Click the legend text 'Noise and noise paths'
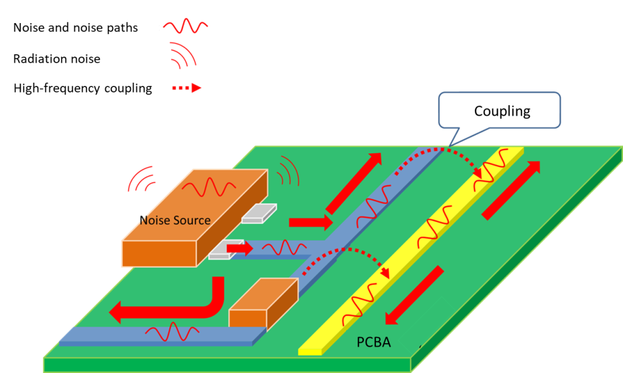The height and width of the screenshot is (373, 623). click(x=75, y=27)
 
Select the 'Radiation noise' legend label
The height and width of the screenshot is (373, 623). click(x=57, y=59)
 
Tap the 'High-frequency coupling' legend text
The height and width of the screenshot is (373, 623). click(x=83, y=88)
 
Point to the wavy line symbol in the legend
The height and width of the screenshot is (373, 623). click(x=186, y=27)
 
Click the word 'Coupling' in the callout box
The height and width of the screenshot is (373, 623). click(x=502, y=111)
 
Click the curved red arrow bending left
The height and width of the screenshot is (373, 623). click(x=170, y=304)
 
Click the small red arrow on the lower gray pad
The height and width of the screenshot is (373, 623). click(x=239, y=248)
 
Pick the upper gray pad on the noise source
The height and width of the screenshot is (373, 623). click(x=259, y=212)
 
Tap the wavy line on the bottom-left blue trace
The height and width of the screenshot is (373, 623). click(x=164, y=333)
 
